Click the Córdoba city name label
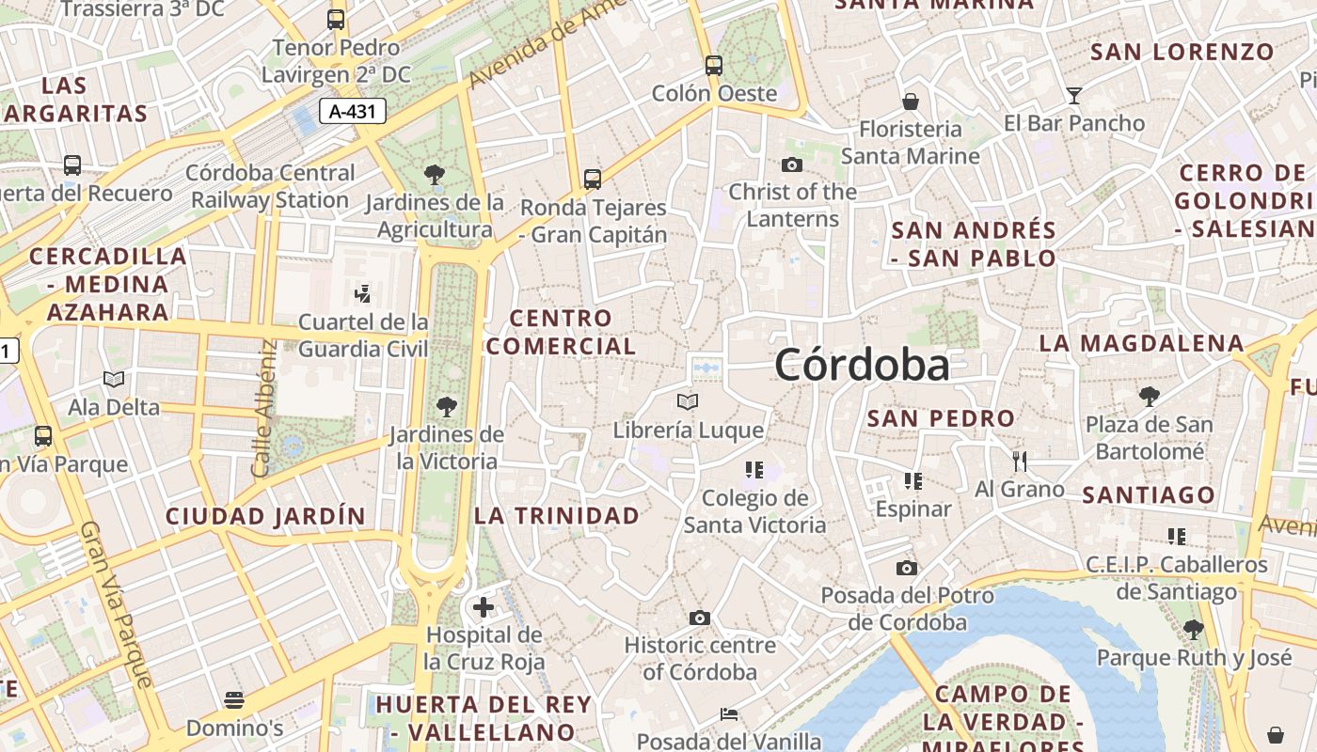tap(862, 365)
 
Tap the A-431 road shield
tap(353, 112)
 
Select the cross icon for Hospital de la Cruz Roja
tap(484, 607)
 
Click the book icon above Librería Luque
tap(688, 402)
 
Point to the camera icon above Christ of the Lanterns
tap(792, 164)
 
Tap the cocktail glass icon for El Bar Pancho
tap(1073, 95)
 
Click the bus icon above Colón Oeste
tap(714, 66)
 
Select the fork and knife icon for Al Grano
tap(1019, 461)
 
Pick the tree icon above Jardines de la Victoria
tap(446, 407)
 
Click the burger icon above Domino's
tap(234, 700)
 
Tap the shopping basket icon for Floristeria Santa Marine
tap(910, 102)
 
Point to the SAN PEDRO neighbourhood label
tap(941, 418)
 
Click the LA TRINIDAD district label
tap(556, 515)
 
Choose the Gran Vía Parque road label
tap(117, 604)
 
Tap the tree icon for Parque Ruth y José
tap(1193, 630)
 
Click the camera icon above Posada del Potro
tap(907, 568)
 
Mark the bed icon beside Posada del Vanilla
tap(729, 714)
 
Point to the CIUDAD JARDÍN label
tap(265, 516)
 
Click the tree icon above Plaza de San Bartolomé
tap(1149, 396)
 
